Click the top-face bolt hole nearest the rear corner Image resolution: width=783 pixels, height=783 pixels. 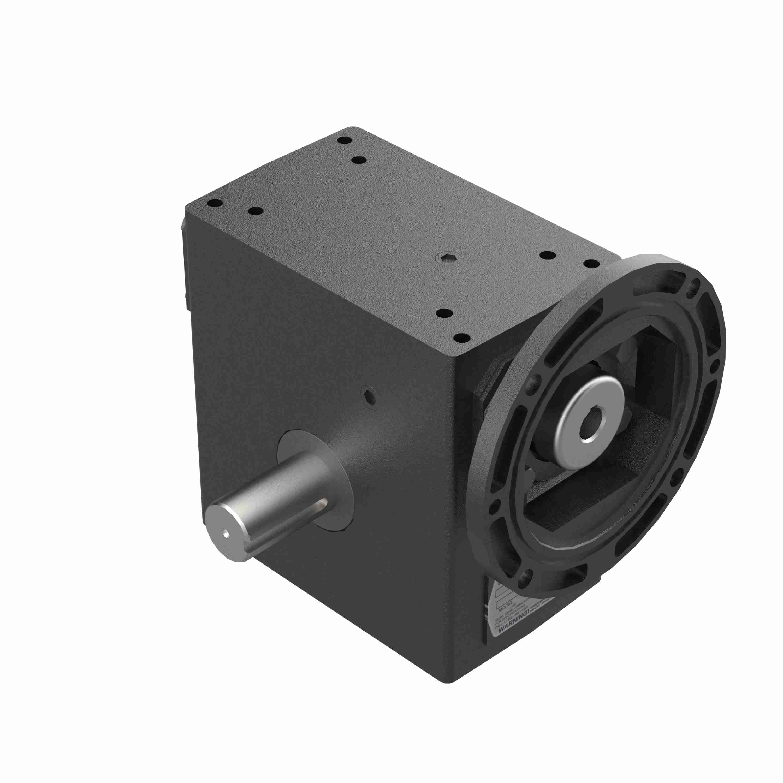coord(345,141)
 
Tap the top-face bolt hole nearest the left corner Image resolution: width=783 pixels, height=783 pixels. coord(214,204)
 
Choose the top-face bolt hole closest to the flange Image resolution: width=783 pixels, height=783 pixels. coord(591,264)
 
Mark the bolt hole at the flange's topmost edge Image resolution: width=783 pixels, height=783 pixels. coord(696,283)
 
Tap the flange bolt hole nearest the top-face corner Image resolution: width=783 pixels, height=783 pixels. coord(534,381)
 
